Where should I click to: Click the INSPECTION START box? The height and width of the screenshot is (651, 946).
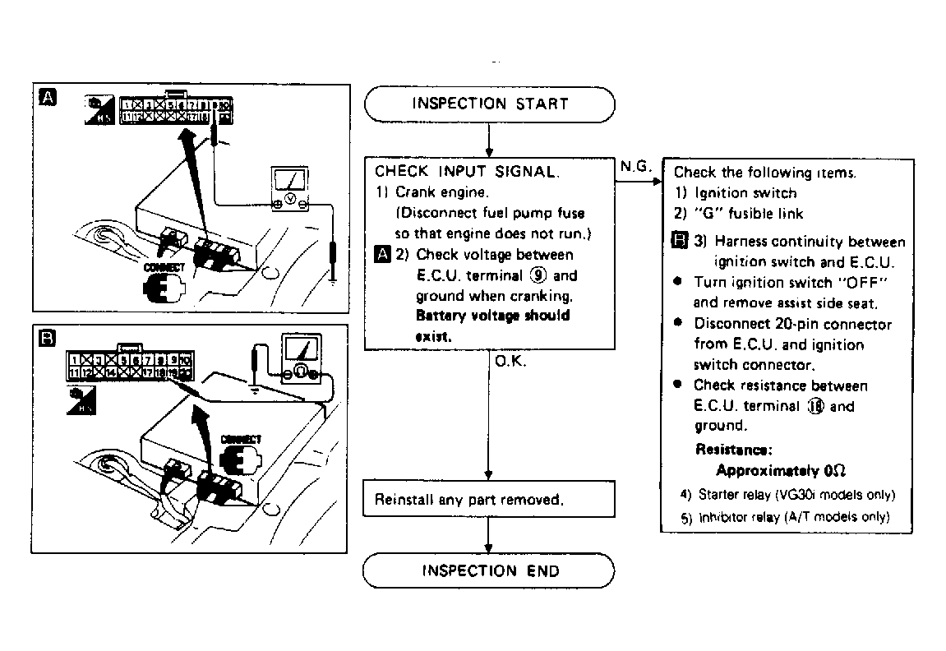tap(489, 104)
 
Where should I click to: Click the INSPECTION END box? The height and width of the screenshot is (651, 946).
tap(489, 571)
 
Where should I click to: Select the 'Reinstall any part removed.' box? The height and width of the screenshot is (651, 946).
tap(489, 500)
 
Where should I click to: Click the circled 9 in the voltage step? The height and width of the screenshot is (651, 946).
tap(538, 276)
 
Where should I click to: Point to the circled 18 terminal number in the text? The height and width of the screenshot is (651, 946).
tap(816, 406)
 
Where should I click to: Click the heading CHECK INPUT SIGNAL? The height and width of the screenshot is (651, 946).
tap(467, 172)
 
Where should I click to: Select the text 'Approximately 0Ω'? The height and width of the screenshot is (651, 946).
tap(781, 471)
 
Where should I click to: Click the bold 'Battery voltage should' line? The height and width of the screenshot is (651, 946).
tap(492, 316)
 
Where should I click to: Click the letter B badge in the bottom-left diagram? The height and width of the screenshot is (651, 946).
tap(48, 338)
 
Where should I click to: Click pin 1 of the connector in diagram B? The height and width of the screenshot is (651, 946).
tap(75, 359)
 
